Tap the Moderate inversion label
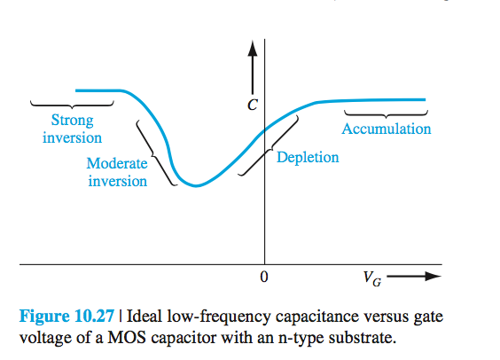[117, 172]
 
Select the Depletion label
[308, 158]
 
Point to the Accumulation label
[387, 129]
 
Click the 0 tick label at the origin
[263, 277]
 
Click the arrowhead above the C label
[254, 47]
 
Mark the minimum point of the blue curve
[197, 185]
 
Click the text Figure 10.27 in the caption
[71, 317]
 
